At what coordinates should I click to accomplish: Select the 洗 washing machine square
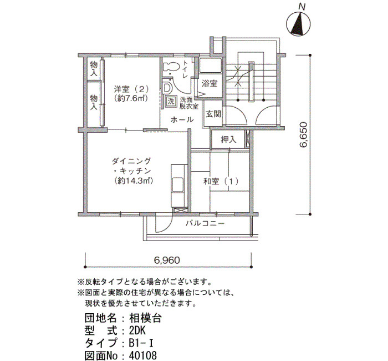tap(171, 101)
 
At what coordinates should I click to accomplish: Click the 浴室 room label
tap(210, 83)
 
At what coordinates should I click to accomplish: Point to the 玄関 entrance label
tap(213, 114)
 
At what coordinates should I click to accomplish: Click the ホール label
tap(182, 120)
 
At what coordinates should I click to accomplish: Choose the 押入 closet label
tap(228, 140)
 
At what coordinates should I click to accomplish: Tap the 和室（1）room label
tap(221, 182)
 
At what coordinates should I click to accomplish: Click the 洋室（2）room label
tap(131, 88)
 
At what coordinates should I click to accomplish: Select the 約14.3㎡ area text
tap(134, 180)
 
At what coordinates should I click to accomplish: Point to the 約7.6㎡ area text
tap(131, 98)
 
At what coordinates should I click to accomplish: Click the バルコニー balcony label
tap(205, 224)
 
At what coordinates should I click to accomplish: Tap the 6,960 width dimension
tap(167, 260)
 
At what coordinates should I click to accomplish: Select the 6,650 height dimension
tap(303, 134)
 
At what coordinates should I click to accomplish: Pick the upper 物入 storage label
tap(94, 69)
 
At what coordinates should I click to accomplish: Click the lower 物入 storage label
tap(94, 102)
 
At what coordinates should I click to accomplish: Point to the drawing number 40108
tap(142, 355)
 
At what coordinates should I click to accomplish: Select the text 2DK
tap(137, 330)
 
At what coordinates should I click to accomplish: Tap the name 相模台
tap(145, 318)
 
